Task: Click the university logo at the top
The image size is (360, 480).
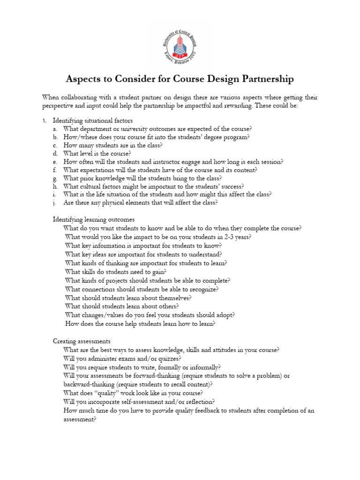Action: coord(180,45)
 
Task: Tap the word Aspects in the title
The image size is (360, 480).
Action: coord(84,79)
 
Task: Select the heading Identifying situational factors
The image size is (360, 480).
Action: coord(93,120)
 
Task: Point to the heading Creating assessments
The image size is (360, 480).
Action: coord(82,341)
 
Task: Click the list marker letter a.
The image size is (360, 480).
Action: coord(55,129)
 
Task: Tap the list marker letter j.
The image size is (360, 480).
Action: coord(55,202)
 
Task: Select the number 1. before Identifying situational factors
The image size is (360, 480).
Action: coord(45,120)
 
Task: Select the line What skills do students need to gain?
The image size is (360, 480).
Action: coord(116,271)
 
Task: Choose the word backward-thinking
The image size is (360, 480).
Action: coord(87,384)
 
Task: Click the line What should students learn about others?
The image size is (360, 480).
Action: coord(122,306)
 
